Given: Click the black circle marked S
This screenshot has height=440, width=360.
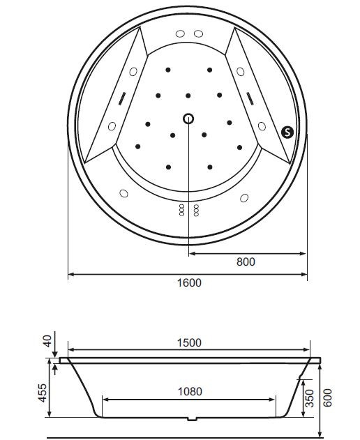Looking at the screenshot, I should [x=287, y=131].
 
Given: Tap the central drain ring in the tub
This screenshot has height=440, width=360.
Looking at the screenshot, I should [x=188, y=118].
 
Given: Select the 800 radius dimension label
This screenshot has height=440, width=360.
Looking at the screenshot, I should [x=246, y=262].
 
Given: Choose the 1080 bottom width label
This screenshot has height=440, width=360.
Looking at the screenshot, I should [x=188, y=393].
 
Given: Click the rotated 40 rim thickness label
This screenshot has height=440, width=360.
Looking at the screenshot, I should [x=47, y=342].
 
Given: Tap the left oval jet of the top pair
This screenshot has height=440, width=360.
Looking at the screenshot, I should [x=179, y=34].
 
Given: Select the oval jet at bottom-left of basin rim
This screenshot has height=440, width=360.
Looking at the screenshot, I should [x=124, y=193].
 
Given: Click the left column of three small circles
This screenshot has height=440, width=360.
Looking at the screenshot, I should [x=181, y=210].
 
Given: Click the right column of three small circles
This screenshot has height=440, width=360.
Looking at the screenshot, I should [x=196, y=210].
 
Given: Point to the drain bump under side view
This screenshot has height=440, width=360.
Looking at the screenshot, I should [x=191, y=420].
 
